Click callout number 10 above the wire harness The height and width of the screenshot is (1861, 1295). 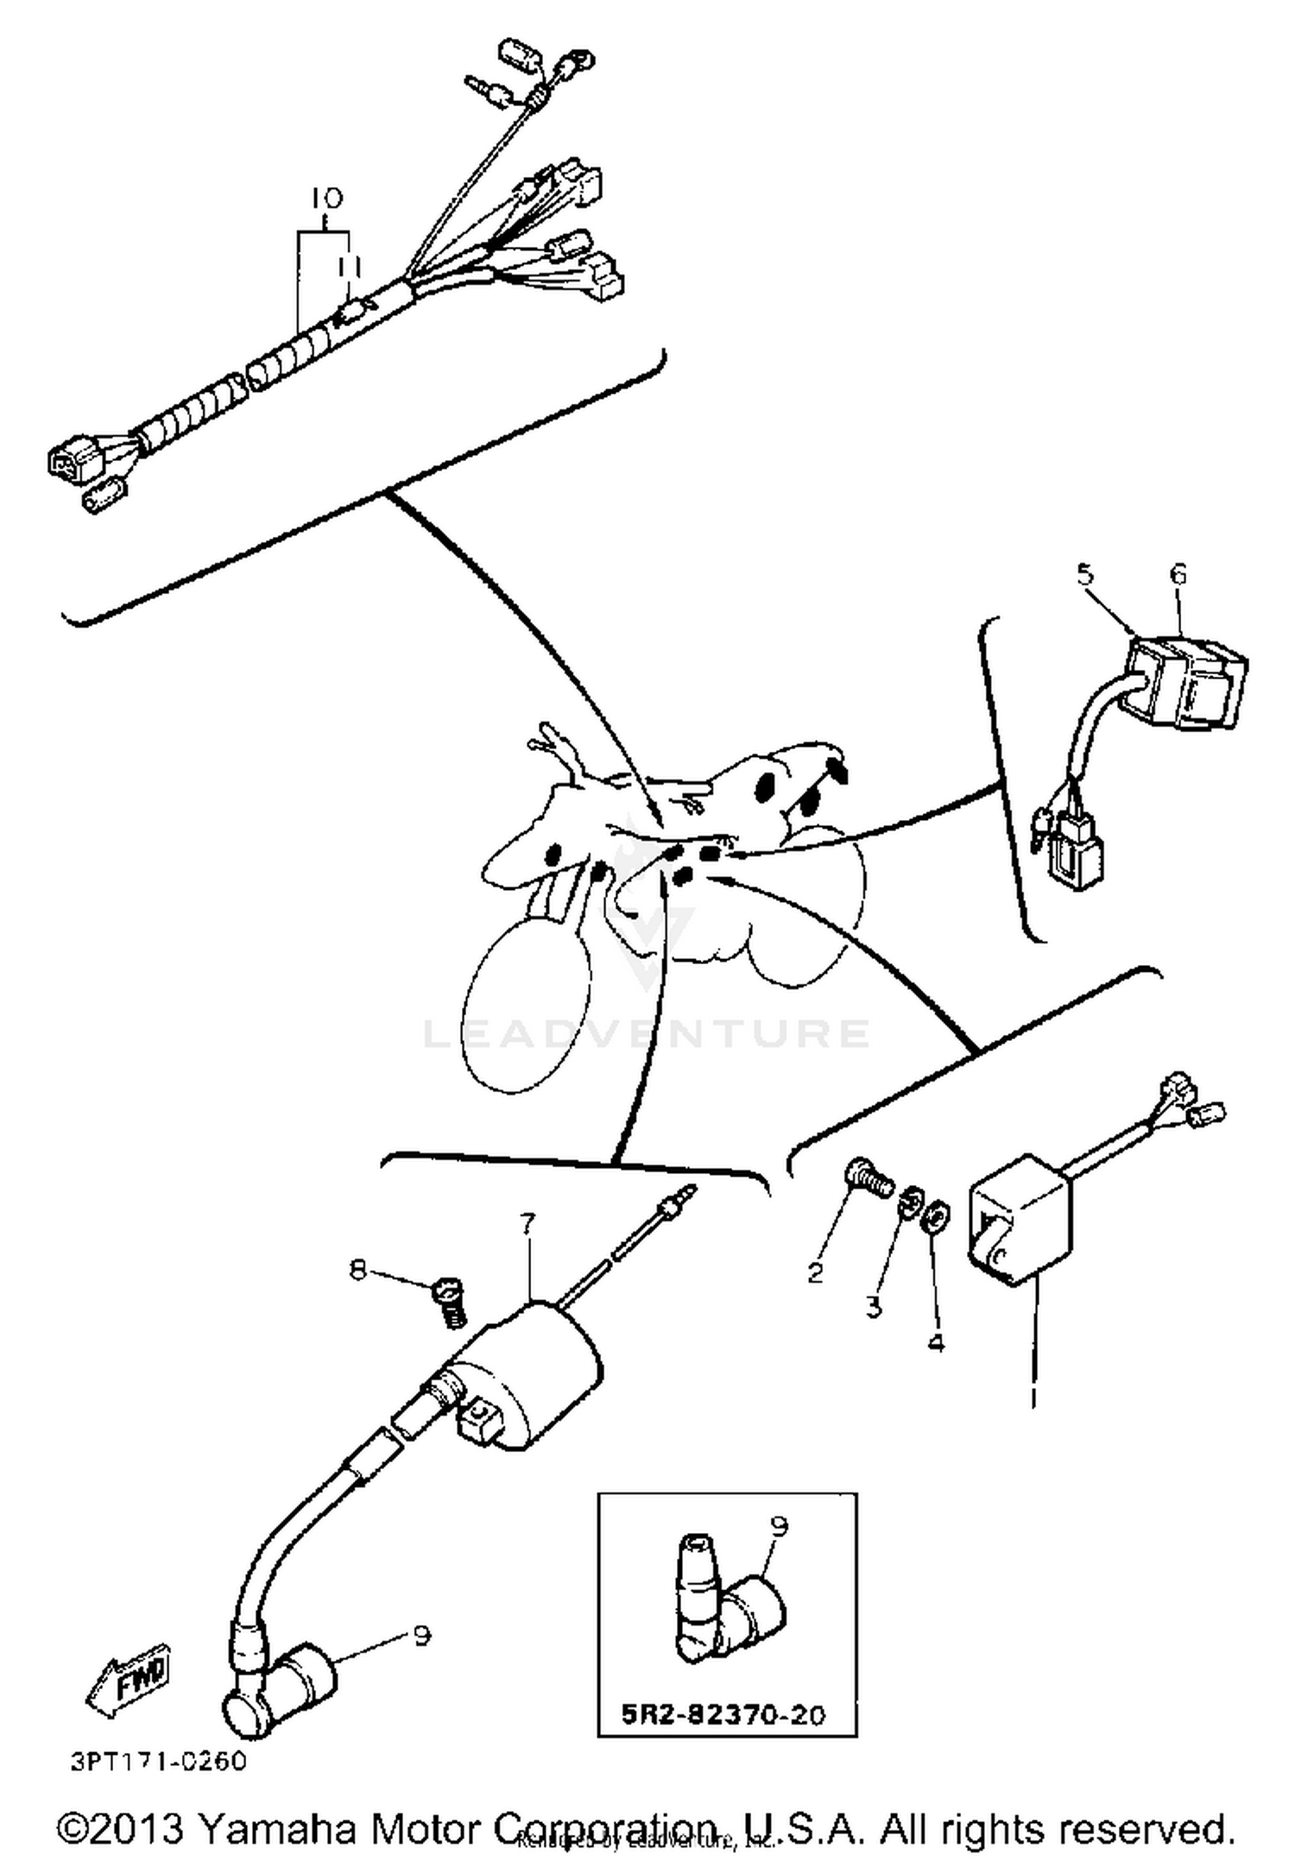click(326, 199)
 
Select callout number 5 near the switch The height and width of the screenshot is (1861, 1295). click(1085, 573)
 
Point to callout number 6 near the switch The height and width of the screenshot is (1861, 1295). click(1178, 574)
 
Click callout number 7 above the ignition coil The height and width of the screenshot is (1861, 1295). click(527, 1222)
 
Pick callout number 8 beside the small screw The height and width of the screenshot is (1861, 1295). click(357, 1270)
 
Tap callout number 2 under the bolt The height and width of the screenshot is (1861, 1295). click(815, 1272)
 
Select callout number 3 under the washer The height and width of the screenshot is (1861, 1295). click(874, 1307)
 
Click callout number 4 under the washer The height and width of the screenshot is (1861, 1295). click(936, 1343)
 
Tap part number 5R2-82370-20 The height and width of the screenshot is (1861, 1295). click(723, 1713)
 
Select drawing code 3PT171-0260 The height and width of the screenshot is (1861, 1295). click(159, 1761)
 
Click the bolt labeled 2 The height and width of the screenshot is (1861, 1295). click(864, 1176)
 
